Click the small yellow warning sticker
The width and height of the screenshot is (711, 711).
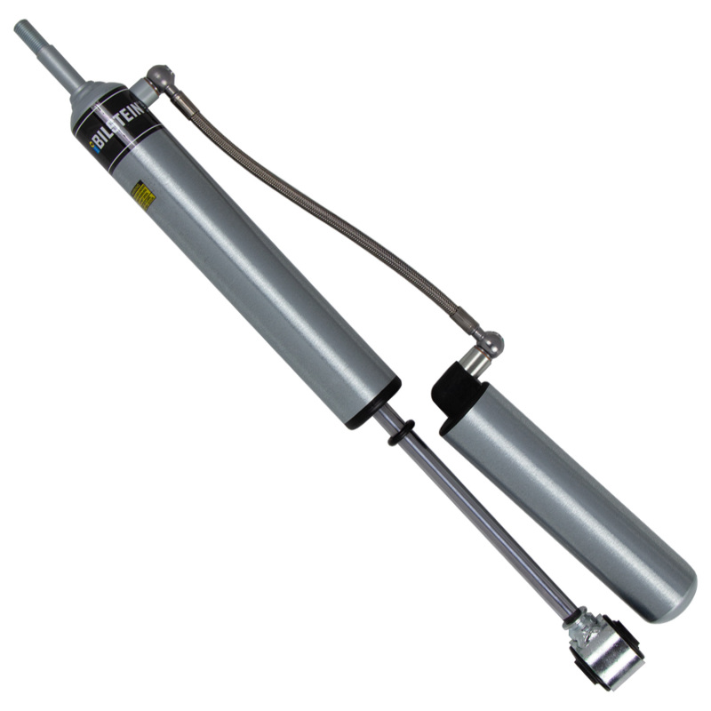142,196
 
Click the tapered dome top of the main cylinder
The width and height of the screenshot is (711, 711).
96,99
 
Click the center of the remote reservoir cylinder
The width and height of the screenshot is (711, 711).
569,498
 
